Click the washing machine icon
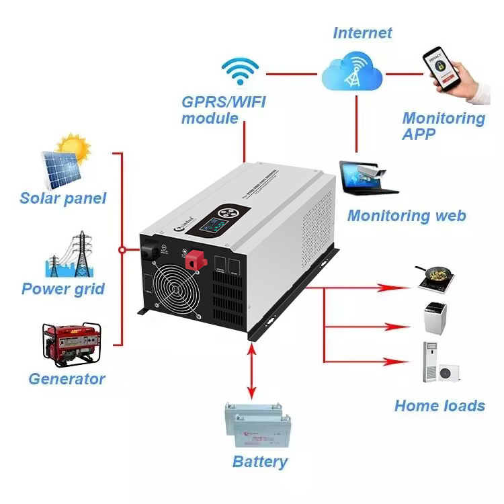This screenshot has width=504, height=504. [x=434, y=318]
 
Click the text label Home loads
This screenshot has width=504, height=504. [x=439, y=405]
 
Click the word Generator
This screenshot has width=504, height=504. [x=67, y=378]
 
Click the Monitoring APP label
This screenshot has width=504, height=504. [x=444, y=126]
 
